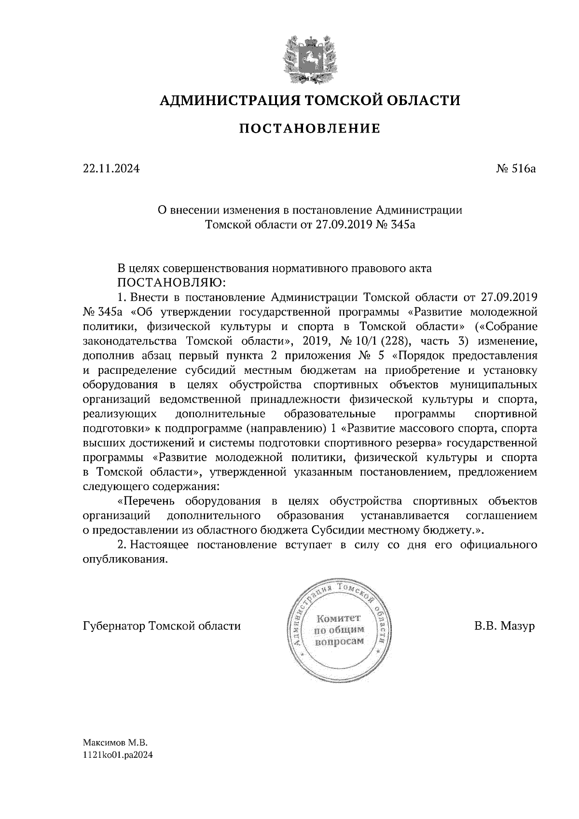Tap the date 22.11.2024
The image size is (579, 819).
coord(111,169)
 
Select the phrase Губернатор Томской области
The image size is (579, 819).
coord(162,627)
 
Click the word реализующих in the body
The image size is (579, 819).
coord(120,414)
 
